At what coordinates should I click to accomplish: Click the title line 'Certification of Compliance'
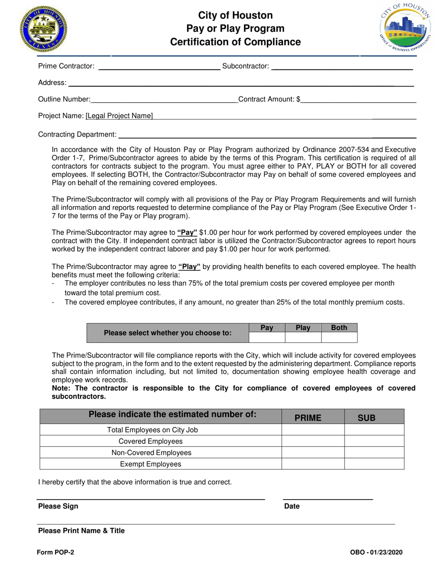235,42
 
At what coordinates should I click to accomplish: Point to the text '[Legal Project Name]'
119,116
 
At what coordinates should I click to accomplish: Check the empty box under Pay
267,337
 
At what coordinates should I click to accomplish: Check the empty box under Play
303,337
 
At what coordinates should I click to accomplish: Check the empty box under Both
339,337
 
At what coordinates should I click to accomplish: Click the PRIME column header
308,418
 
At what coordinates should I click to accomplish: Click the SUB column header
366,418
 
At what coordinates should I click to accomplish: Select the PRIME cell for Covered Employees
313,441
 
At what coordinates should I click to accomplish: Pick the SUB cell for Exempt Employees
374,464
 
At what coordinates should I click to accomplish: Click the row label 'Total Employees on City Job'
152,430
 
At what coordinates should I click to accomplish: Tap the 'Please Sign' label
58,506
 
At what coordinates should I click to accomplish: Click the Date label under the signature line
292,506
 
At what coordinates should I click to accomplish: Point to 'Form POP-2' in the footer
56,552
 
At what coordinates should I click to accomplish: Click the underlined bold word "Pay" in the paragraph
187,233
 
